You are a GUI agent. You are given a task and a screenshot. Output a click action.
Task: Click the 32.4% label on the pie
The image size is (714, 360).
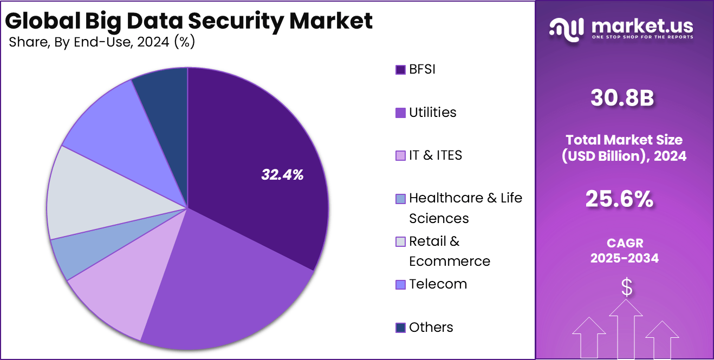[x=282, y=174]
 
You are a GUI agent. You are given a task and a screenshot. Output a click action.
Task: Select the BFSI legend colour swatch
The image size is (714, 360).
[x=400, y=70]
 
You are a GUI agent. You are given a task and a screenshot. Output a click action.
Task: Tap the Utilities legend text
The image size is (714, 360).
[x=432, y=112]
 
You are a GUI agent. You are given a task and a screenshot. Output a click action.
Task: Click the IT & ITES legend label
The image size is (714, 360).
[x=436, y=155]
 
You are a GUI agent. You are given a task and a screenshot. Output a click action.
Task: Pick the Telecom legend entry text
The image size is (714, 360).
[x=438, y=284]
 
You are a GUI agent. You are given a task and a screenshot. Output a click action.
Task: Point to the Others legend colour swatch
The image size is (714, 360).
[x=400, y=328]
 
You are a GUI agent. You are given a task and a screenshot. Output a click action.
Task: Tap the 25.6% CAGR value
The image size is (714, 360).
[x=619, y=200]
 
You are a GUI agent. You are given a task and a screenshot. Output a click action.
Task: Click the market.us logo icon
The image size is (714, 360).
[x=567, y=28]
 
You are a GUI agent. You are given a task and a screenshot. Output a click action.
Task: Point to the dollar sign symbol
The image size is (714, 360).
[x=626, y=287]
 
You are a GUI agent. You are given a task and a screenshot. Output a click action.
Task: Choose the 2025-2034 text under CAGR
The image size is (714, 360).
[x=624, y=258]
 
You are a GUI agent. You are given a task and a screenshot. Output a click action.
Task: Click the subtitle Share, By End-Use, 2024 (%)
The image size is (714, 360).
[x=102, y=42]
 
